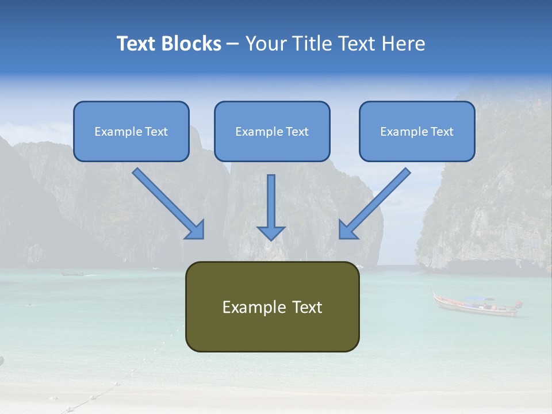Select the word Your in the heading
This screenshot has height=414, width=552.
pyautogui.click(x=264, y=44)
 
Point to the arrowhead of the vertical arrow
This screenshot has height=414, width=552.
pyautogui.click(x=271, y=232)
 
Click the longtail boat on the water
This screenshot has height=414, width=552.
pyautogui.click(x=476, y=305)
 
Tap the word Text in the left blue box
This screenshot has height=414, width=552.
pyautogui.click(x=156, y=132)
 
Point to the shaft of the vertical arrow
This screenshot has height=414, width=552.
pyautogui.click(x=271, y=198)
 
